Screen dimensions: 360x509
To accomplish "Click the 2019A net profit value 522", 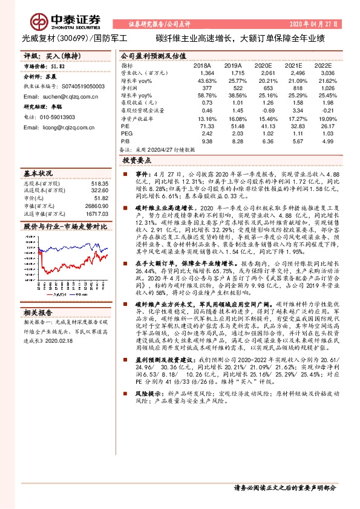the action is (x=236, y=88).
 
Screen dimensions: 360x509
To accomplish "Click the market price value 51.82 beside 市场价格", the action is (x=59, y=65).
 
